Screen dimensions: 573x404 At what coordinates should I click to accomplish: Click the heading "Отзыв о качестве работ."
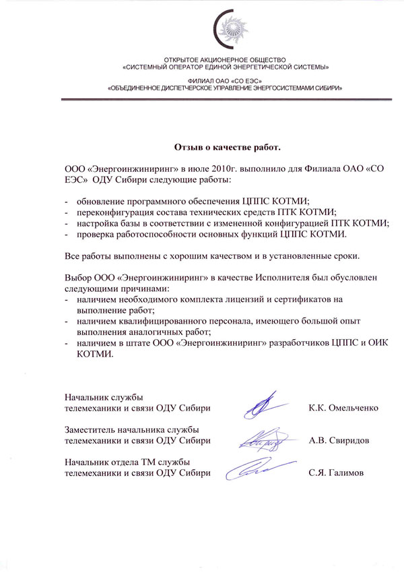(227, 146)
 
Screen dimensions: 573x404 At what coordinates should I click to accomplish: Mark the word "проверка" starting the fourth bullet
(96, 233)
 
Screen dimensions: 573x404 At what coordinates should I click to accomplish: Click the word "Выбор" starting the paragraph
(78, 278)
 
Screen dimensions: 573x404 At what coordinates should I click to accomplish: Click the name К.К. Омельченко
(343, 408)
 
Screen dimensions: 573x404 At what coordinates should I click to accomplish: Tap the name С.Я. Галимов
(336, 473)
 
